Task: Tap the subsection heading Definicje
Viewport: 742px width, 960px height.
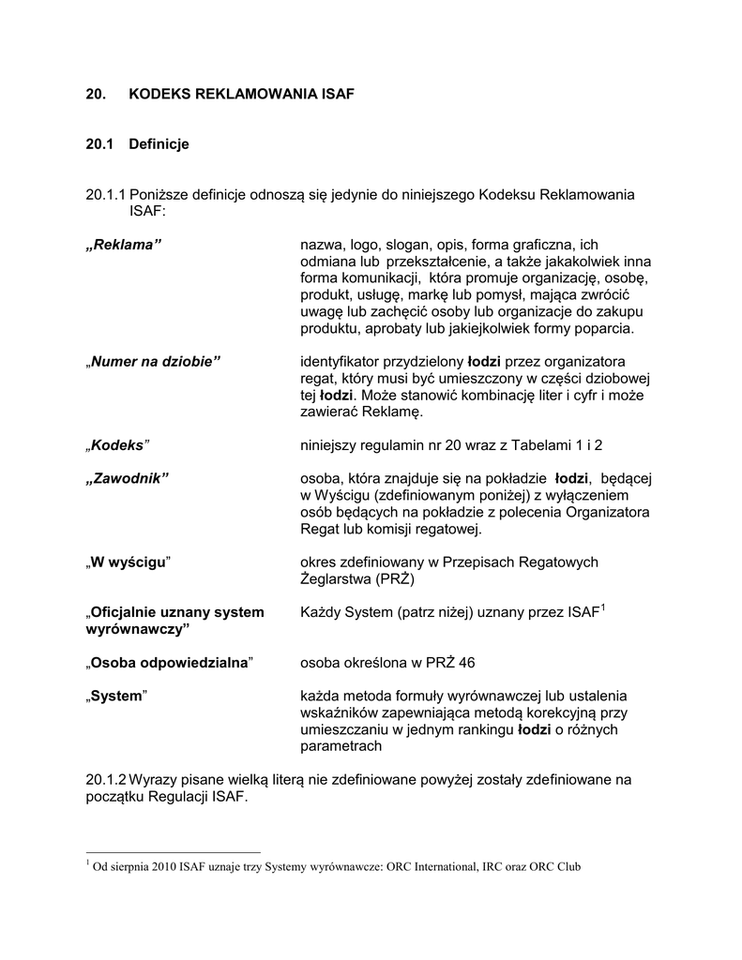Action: tap(159, 144)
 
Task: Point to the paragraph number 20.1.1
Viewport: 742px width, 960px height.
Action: tap(105, 194)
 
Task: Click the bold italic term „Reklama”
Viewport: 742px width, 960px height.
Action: tap(123, 245)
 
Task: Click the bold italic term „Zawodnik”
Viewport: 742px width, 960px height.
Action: tap(127, 479)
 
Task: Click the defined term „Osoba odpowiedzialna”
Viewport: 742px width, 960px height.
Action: tap(170, 663)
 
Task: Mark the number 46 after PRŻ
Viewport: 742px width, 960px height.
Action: tap(466, 663)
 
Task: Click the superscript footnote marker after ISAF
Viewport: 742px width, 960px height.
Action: tap(602, 608)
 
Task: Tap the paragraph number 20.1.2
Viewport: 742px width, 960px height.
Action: tap(105, 779)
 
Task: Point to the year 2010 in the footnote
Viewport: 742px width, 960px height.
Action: tap(154, 867)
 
